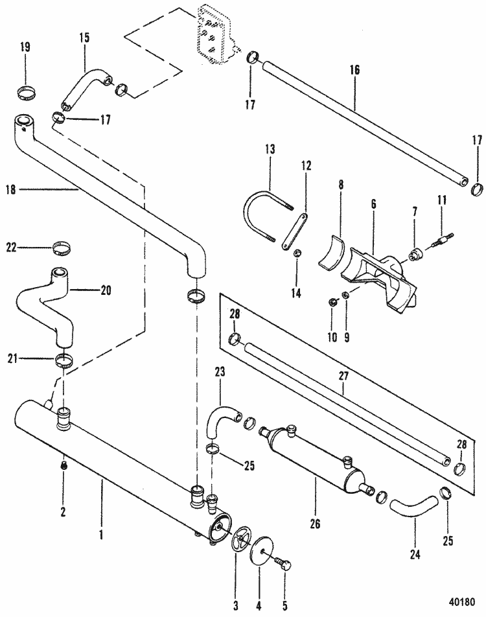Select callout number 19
[x=25, y=48]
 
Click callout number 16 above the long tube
[x=355, y=69]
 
